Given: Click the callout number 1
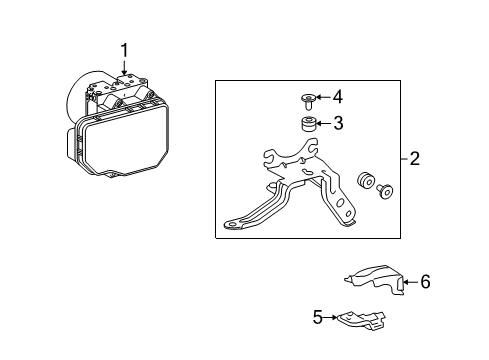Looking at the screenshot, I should point(124,49).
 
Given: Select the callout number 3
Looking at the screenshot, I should point(338,123).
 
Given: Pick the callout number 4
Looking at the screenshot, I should point(338,97).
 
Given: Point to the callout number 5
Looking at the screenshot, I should point(318,318).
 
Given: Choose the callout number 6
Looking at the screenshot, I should point(425,283).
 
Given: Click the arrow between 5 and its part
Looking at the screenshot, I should point(332,318).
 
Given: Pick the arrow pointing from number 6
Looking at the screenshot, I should point(409,283).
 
